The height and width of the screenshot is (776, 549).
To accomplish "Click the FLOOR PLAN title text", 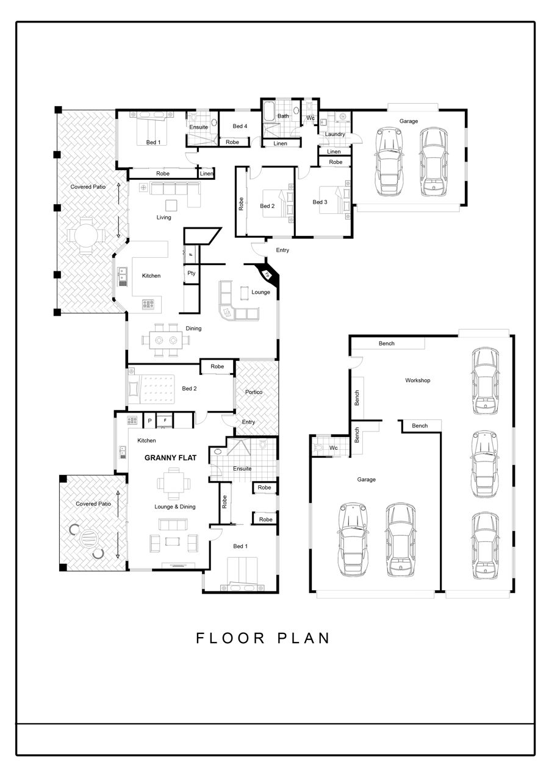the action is [262, 638].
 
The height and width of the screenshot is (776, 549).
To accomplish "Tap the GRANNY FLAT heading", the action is [171, 458].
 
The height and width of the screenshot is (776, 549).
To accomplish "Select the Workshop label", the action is [418, 380].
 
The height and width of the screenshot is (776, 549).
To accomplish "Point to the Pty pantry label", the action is [192, 273].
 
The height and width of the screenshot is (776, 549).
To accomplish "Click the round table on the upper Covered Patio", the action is [85, 237].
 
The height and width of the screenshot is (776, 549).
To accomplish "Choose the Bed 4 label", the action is [240, 126].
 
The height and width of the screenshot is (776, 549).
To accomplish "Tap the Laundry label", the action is [335, 134].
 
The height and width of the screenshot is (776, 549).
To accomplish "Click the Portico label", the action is [254, 392].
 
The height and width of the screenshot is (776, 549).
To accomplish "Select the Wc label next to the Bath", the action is [310, 118].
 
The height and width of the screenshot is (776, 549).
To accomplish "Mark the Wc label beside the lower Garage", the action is [334, 448].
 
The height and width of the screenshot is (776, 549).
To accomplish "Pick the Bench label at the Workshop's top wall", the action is [387, 343].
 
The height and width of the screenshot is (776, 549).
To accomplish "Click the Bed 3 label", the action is [320, 202].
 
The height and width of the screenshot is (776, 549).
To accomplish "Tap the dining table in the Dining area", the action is [166, 340].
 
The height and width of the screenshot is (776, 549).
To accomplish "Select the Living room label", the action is [163, 217].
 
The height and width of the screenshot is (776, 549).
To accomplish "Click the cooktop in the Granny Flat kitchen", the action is [132, 420].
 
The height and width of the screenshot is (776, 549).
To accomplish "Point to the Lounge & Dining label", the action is [175, 507].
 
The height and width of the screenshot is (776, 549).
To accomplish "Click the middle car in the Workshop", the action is [484, 465].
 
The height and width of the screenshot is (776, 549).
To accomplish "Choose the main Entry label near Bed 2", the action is [282, 250].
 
